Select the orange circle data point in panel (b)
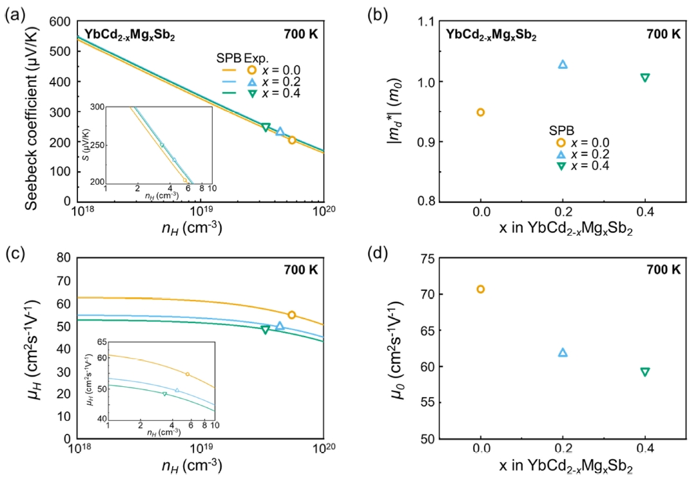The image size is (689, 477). point(480,112)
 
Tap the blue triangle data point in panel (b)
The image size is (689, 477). point(563,64)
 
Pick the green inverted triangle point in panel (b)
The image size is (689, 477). point(645,77)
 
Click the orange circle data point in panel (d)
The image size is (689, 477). point(480,289)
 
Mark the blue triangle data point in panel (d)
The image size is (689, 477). point(563,352)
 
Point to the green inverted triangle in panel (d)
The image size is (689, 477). point(645,371)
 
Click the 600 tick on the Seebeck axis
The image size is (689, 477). point(61,21)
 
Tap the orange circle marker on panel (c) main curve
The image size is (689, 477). point(291,315)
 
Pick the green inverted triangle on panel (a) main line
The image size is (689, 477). point(266,127)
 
